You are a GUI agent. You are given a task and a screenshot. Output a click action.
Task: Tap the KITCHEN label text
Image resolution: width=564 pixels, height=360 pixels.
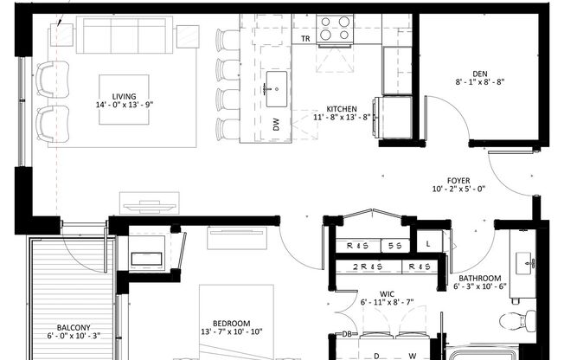(341, 109)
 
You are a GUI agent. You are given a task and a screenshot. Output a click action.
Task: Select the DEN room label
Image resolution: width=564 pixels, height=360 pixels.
(482, 74)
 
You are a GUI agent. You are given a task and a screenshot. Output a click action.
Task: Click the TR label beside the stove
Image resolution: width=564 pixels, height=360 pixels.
(305, 39)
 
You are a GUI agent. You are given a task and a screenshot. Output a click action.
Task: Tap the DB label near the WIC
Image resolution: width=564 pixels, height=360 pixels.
(346, 334)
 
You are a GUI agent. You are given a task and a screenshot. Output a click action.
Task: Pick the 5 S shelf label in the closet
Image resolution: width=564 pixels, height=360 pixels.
(396, 246)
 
